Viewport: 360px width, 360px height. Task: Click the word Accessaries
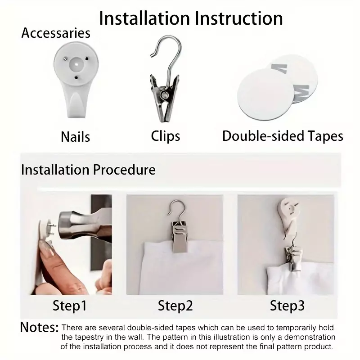point(56,33)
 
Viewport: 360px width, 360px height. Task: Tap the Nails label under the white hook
point(75,137)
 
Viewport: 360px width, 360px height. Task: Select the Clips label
point(165,136)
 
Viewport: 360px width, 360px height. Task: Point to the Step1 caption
point(70,306)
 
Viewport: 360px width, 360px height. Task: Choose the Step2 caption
point(175,306)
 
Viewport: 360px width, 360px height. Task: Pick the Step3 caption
point(287,306)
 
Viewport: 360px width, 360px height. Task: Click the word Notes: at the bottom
point(39,327)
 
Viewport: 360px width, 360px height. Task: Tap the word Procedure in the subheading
point(124,170)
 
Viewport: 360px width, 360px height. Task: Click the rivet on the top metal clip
point(164,94)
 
